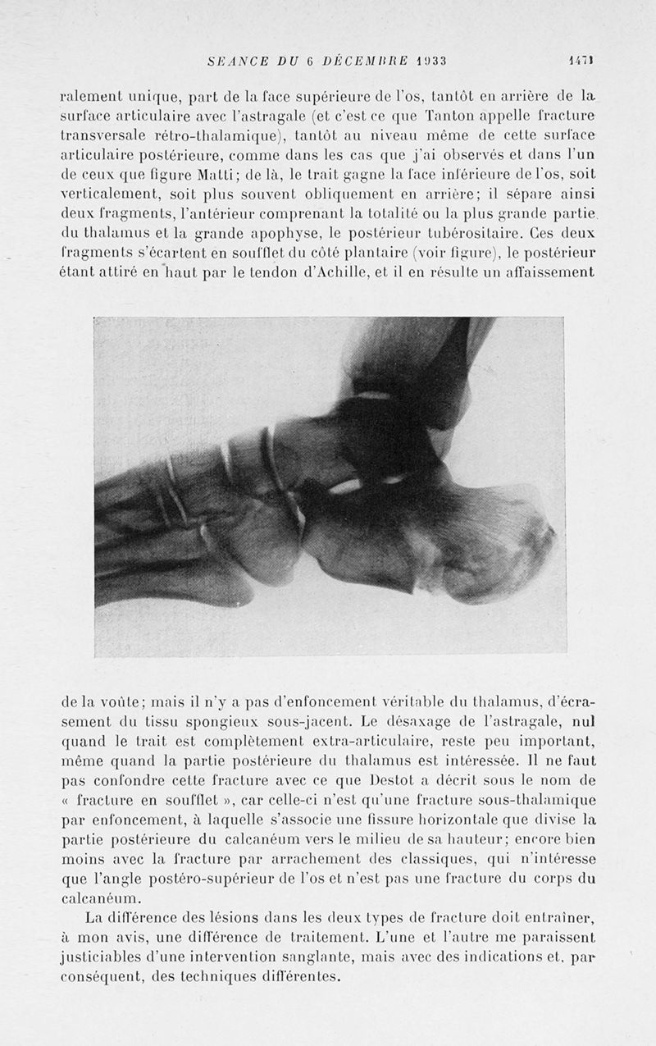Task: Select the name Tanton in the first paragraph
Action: click(x=456, y=114)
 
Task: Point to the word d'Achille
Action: click(x=321, y=272)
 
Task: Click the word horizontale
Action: click(x=441, y=818)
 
